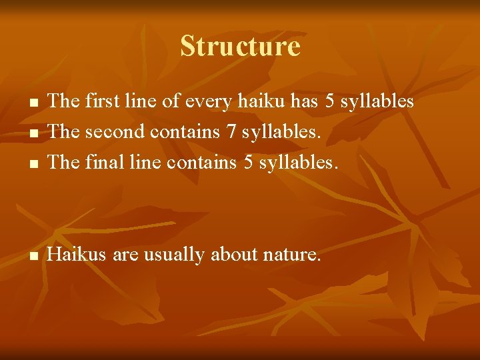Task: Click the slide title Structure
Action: pyautogui.click(x=240, y=46)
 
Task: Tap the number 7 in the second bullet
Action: pyautogui.click(x=231, y=131)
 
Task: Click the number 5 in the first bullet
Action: pyautogui.click(x=329, y=101)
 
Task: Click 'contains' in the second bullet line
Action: pyautogui.click(x=186, y=131)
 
